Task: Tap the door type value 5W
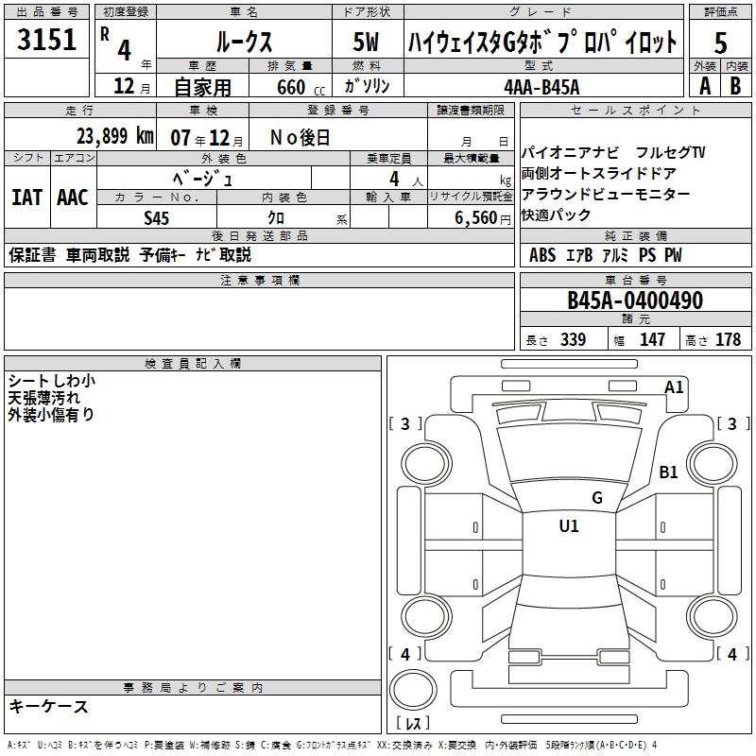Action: (368, 42)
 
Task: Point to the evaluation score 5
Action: (720, 43)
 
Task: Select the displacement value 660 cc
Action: (290, 87)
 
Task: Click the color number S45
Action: (157, 217)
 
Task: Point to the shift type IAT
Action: (26, 198)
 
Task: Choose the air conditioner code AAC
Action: (73, 198)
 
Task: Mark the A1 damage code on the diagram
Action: (674, 387)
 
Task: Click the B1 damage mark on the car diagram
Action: (669, 472)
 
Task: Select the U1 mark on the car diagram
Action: (569, 525)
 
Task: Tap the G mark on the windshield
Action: (596, 498)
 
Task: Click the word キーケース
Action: (49, 706)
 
